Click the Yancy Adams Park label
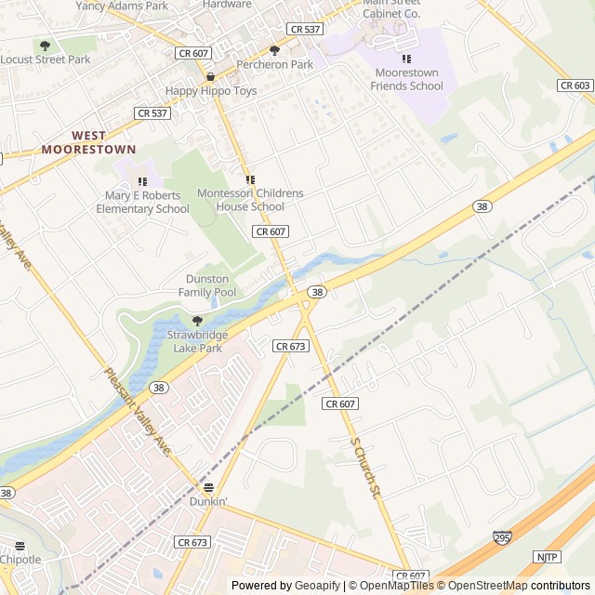(123, 6)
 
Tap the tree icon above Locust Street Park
(45, 45)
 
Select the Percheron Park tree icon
(274, 50)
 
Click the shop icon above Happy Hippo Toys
(211, 77)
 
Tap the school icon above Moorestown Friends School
(406, 59)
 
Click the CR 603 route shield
(575, 85)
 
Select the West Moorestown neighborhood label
(88, 142)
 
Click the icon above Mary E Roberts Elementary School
(142, 182)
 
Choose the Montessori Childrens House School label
(250, 200)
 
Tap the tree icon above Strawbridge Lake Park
(196, 321)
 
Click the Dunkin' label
(208, 501)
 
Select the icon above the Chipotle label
(20, 546)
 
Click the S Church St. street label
(367, 468)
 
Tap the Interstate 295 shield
(502, 537)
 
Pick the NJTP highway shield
(547, 556)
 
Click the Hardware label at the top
(227, 4)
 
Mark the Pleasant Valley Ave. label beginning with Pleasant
(137, 412)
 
